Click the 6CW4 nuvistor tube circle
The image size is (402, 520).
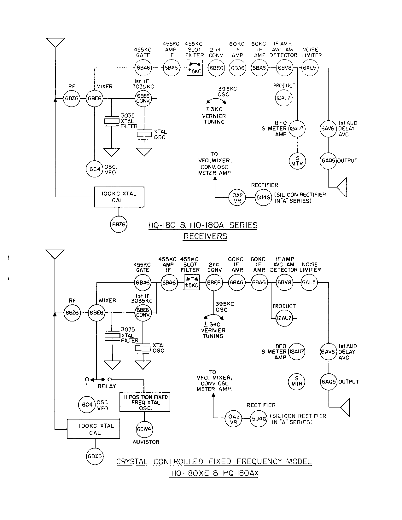[x=145, y=429]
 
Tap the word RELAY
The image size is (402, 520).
[x=107, y=386]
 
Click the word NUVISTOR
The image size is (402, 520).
[x=146, y=442]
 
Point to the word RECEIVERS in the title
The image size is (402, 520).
[x=205, y=236]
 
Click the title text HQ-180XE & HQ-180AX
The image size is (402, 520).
[x=214, y=473]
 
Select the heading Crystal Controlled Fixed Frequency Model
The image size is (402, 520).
[x=214, y=461]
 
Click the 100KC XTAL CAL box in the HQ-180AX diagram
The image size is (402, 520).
[x=93, y=429]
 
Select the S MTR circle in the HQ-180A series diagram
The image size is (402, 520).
[x=297, y=160]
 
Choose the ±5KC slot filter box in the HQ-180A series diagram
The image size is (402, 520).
[x=194, y=68]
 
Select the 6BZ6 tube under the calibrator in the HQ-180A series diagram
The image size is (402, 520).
[x=118, y=225]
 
